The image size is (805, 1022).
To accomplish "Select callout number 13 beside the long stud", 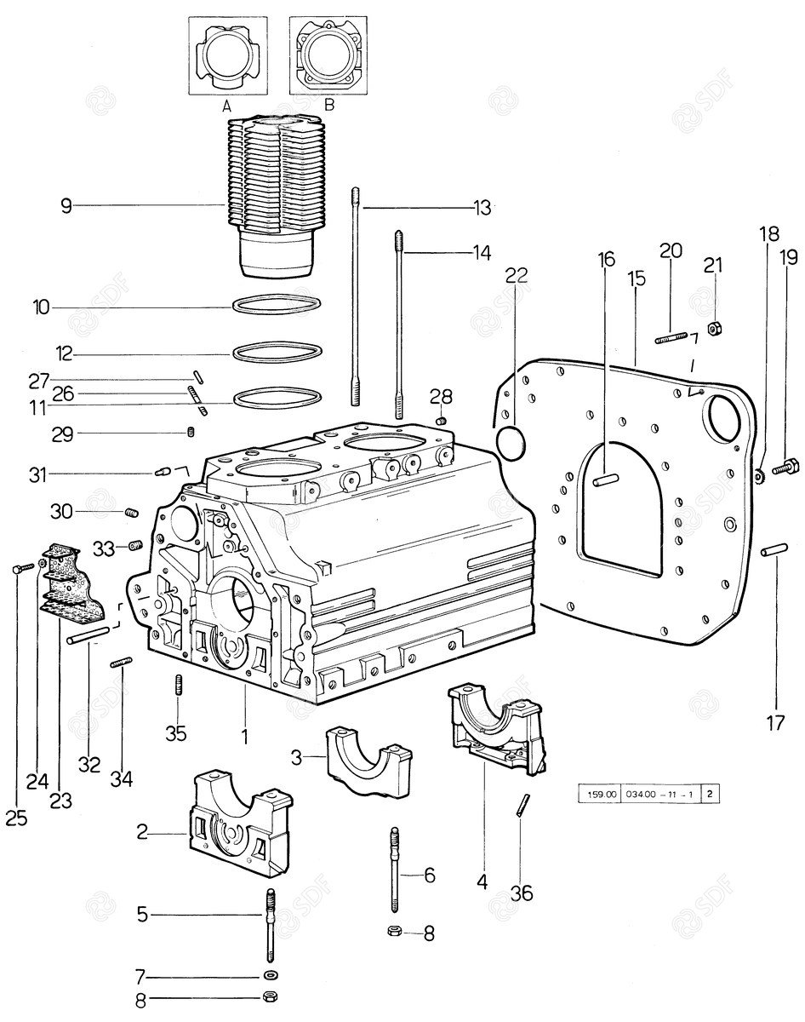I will [483, 206].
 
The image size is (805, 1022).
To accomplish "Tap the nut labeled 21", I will [715, 327].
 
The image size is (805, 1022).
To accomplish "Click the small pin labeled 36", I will [522, 804].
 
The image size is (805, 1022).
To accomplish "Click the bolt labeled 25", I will [20, 568].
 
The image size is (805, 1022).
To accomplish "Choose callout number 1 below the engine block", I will [244, 734].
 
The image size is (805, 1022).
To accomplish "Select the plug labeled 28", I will [441, 419].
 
